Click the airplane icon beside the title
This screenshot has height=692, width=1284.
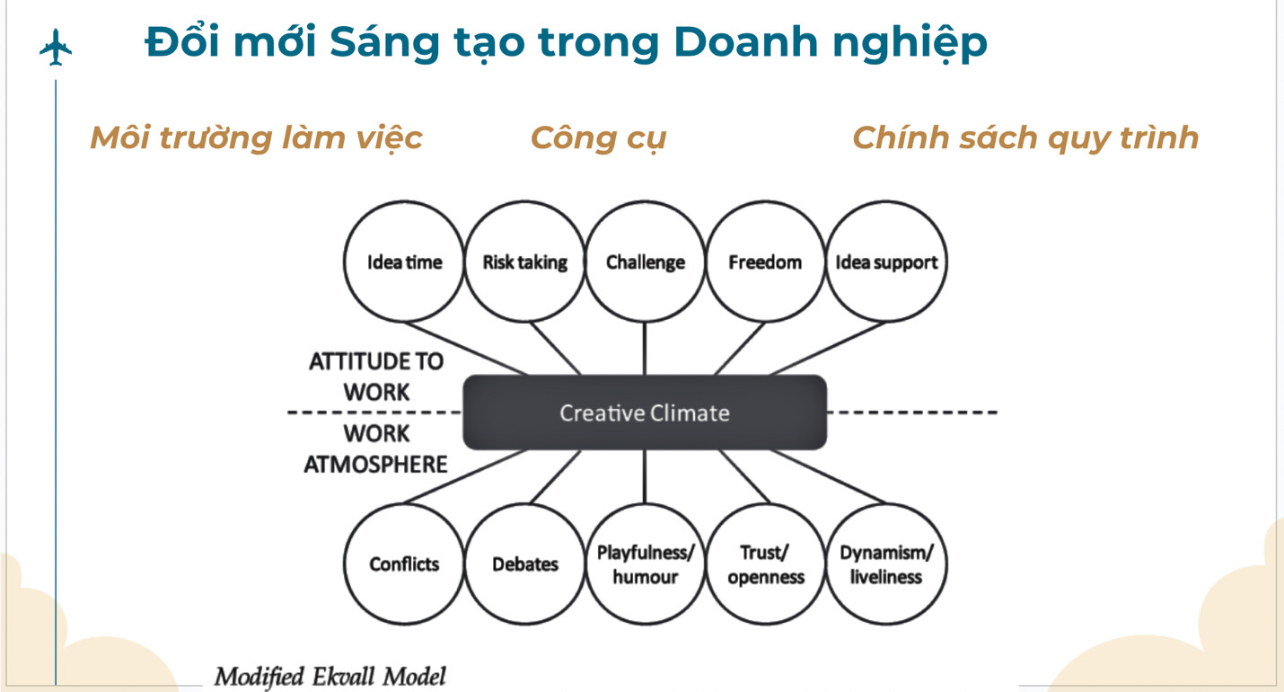tap(56, 47)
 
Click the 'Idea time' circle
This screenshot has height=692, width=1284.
tap(404, 262)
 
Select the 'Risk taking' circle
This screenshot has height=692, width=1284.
tap(524, 262)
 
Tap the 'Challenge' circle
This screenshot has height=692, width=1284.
tap(645, 262)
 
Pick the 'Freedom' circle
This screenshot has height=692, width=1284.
tap(765, 262)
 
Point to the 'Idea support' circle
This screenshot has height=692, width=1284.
tap(885, 262)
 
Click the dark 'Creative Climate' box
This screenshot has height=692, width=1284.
tap(645, 413)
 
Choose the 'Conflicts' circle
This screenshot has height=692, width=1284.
tap(404, 564)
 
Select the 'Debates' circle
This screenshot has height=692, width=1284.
tap(524, 564)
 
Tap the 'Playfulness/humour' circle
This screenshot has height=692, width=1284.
tap(645, 564)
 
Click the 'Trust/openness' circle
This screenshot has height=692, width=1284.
tap(765, 564)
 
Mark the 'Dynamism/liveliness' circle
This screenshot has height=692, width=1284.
tap(885, 564)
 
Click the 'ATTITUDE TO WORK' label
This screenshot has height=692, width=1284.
tap(376, 377)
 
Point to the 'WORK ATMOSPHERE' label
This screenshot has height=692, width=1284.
tap(376, 449)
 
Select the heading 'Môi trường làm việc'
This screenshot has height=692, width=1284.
tap(256, 138)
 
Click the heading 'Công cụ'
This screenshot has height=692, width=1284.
tap(598, 138)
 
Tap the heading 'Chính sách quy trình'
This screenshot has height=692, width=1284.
tap(1025, 138)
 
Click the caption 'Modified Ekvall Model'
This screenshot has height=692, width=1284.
tap(330, 676)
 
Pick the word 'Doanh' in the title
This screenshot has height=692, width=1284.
tap(743, 42)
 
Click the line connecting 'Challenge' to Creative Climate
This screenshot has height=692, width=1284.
tap(645, 349)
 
